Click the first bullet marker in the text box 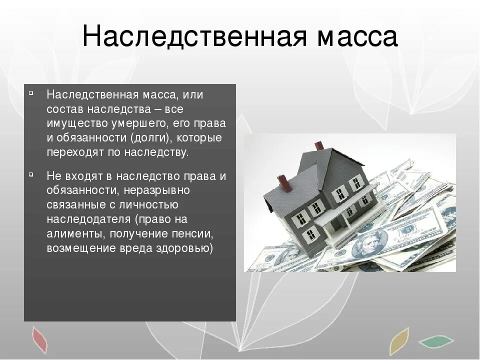point(31,93)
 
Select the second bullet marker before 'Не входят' point(31,174)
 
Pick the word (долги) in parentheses point(151,138)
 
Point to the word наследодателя point(88,219)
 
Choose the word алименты point(68,234)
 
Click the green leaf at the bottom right point(435,342)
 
